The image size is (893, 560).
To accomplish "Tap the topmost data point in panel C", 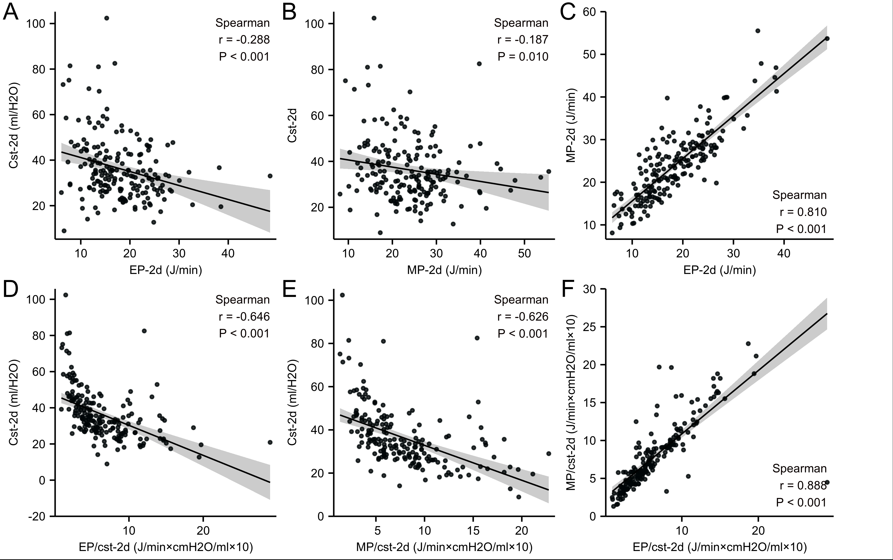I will [758, 31].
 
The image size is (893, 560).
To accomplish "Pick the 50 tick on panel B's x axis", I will [524, 253].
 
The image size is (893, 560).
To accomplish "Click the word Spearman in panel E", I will [521, 300].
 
